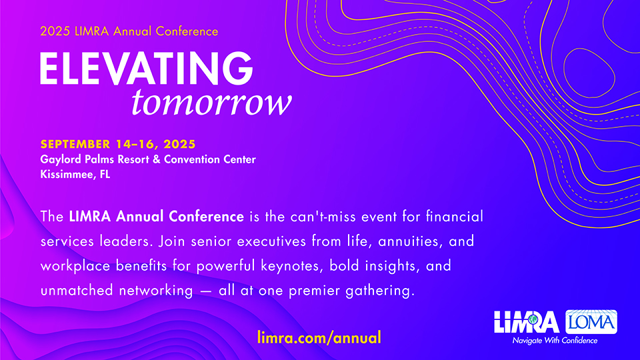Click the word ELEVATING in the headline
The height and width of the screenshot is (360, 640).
click(147, 68)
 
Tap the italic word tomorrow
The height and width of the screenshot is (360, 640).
click(211, 103)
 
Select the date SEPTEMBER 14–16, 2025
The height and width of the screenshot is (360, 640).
click(118, 144)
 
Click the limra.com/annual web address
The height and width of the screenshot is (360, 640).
click(319, 337)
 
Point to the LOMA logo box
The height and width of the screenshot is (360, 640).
click(591, 322)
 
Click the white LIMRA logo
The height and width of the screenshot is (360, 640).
click(527, 322)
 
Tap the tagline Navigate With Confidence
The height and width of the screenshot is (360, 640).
click(555, 341)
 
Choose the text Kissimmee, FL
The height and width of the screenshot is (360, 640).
click(75, 175)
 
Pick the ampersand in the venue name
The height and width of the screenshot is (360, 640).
click(156, 159)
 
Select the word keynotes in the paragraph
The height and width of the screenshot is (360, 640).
click(289, 266)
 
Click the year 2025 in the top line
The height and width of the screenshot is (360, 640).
click(55, 31)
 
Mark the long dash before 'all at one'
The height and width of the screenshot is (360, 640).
click(206, 291)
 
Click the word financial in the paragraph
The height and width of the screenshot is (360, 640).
click(455, 216)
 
